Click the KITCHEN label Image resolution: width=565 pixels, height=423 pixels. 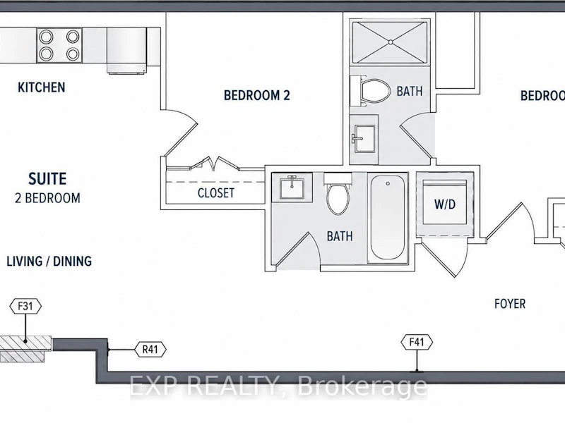tap(42, 87)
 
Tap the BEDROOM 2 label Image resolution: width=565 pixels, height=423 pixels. tap(257, 95)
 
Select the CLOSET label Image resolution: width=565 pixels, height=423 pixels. tap(216, 193)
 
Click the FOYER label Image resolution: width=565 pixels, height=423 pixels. tap(510, 304)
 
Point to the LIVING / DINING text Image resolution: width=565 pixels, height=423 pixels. tap(49, 261)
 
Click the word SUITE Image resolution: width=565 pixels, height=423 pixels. tap(47, 179)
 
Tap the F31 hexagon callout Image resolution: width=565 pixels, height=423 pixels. tap(25, 307)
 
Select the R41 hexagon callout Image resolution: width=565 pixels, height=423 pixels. tap(150, 349)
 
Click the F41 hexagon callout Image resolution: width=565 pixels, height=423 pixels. tap(417, 342)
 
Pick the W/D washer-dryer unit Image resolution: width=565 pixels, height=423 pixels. tap(445, 204)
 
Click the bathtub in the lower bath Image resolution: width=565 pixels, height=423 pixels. tap(387, 217)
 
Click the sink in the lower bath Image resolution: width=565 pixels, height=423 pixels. tap(292, 188)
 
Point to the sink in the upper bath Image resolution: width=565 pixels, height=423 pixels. tap(364, 139)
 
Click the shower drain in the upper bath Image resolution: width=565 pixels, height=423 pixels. tap(391, 42)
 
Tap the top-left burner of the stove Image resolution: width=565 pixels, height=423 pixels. tap(46, 37)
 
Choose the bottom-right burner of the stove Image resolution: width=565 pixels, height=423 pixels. tap(73, 54)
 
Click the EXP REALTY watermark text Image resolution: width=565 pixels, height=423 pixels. tap(278, 386)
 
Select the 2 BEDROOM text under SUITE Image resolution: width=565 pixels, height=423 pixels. tap(47, 198)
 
